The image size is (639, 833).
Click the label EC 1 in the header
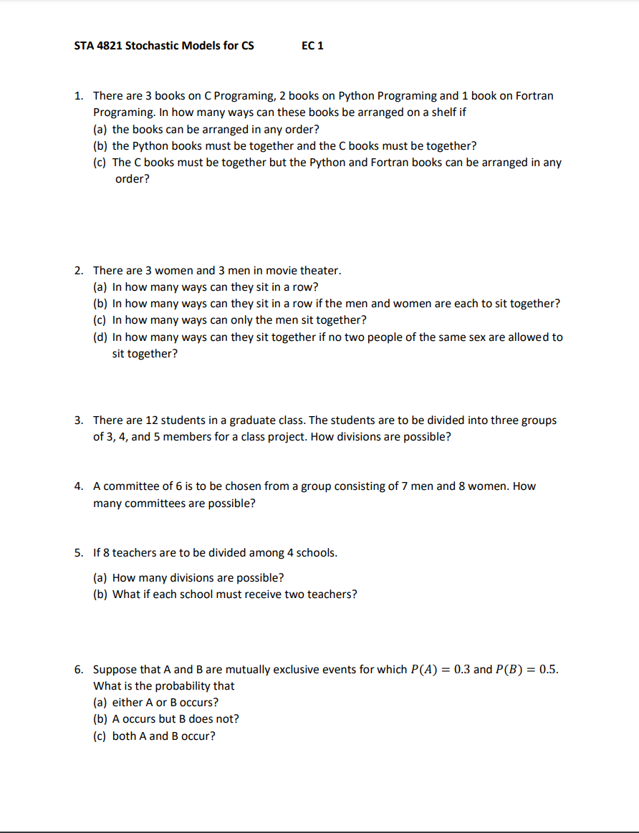(x=312, y=46)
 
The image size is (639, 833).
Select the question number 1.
(x=78, y=95)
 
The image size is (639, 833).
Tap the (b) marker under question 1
(x=101, y=145)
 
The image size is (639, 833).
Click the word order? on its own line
(x=133, y=179)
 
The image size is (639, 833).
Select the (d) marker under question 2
(x=101, y=337)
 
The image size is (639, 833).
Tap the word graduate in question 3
(x=254, y=420)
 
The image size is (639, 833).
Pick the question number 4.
(x=78, y=486)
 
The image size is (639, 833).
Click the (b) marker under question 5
(x=101, y=594)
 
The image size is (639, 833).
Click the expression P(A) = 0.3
(x=441, y=670)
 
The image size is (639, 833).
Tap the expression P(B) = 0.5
(x=527, y=670)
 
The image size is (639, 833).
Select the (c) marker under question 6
(x=101, y=736)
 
